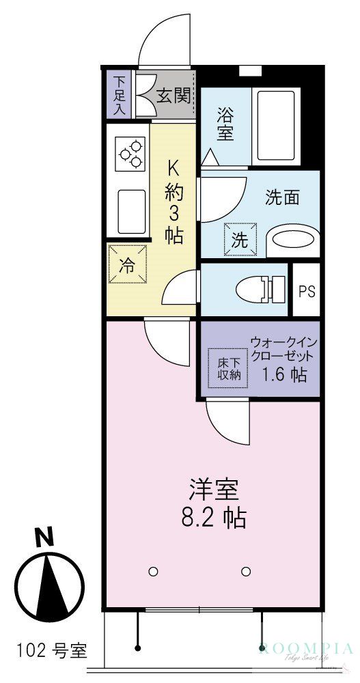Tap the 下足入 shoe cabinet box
(118, 95)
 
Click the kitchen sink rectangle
(132, 211)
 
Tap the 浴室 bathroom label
(225, 123)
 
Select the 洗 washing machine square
(238, 240)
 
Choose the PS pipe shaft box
(306, 290)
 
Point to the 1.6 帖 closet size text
(284, 374)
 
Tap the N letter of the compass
(45, 537)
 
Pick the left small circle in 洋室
(153, 571)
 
